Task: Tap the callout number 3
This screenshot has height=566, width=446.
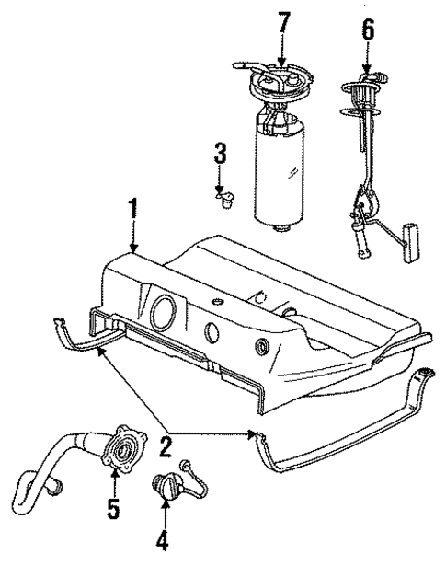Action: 220,154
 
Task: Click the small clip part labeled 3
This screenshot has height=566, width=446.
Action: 221,197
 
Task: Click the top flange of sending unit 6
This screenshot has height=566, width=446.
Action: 361,89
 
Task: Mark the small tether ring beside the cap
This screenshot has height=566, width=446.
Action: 187,468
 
